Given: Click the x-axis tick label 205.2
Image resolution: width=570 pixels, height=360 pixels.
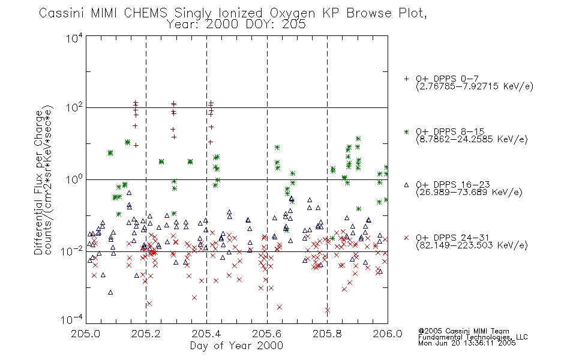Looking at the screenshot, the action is click(146, 334).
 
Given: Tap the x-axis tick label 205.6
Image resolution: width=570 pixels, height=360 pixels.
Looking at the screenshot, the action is click(266, 334).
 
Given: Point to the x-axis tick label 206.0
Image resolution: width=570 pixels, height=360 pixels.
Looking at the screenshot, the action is click(387, 334).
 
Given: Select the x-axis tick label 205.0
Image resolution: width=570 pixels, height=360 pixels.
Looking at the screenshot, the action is click(85, 334).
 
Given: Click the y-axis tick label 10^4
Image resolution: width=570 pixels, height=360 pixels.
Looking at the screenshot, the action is click(74, 38).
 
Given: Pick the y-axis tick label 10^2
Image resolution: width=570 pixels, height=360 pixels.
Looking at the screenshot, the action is click(74, 108).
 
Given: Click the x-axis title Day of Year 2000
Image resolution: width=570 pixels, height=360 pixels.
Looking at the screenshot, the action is click(236, 346).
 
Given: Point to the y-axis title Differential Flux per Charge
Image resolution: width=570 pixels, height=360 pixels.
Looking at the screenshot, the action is click(38, 182).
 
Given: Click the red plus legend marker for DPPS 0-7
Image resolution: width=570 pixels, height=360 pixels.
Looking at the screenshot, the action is click(406, 79).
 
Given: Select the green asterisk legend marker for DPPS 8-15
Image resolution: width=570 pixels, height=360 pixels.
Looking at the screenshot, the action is click(406, 131).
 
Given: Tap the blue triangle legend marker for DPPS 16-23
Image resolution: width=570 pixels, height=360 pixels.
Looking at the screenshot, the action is click(406, 185).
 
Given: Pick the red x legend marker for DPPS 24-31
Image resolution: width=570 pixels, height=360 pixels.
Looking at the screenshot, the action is click(406, 238).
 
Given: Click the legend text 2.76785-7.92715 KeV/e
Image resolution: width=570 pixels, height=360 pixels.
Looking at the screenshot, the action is click(475, 86).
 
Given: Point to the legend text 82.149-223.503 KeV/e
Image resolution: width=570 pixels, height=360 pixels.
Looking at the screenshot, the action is click(472, 245).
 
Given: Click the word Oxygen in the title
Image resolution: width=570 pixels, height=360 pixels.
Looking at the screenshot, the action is click(292, 13).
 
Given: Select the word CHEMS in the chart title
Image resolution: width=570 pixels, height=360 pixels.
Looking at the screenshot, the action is click(145, 13).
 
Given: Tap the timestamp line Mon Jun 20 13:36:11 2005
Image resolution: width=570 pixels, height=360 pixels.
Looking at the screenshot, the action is click(467, 343).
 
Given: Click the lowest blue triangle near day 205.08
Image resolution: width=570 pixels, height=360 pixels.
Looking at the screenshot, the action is click(110, 292).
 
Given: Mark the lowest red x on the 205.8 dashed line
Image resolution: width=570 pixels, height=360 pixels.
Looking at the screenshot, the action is click(328, 310).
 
